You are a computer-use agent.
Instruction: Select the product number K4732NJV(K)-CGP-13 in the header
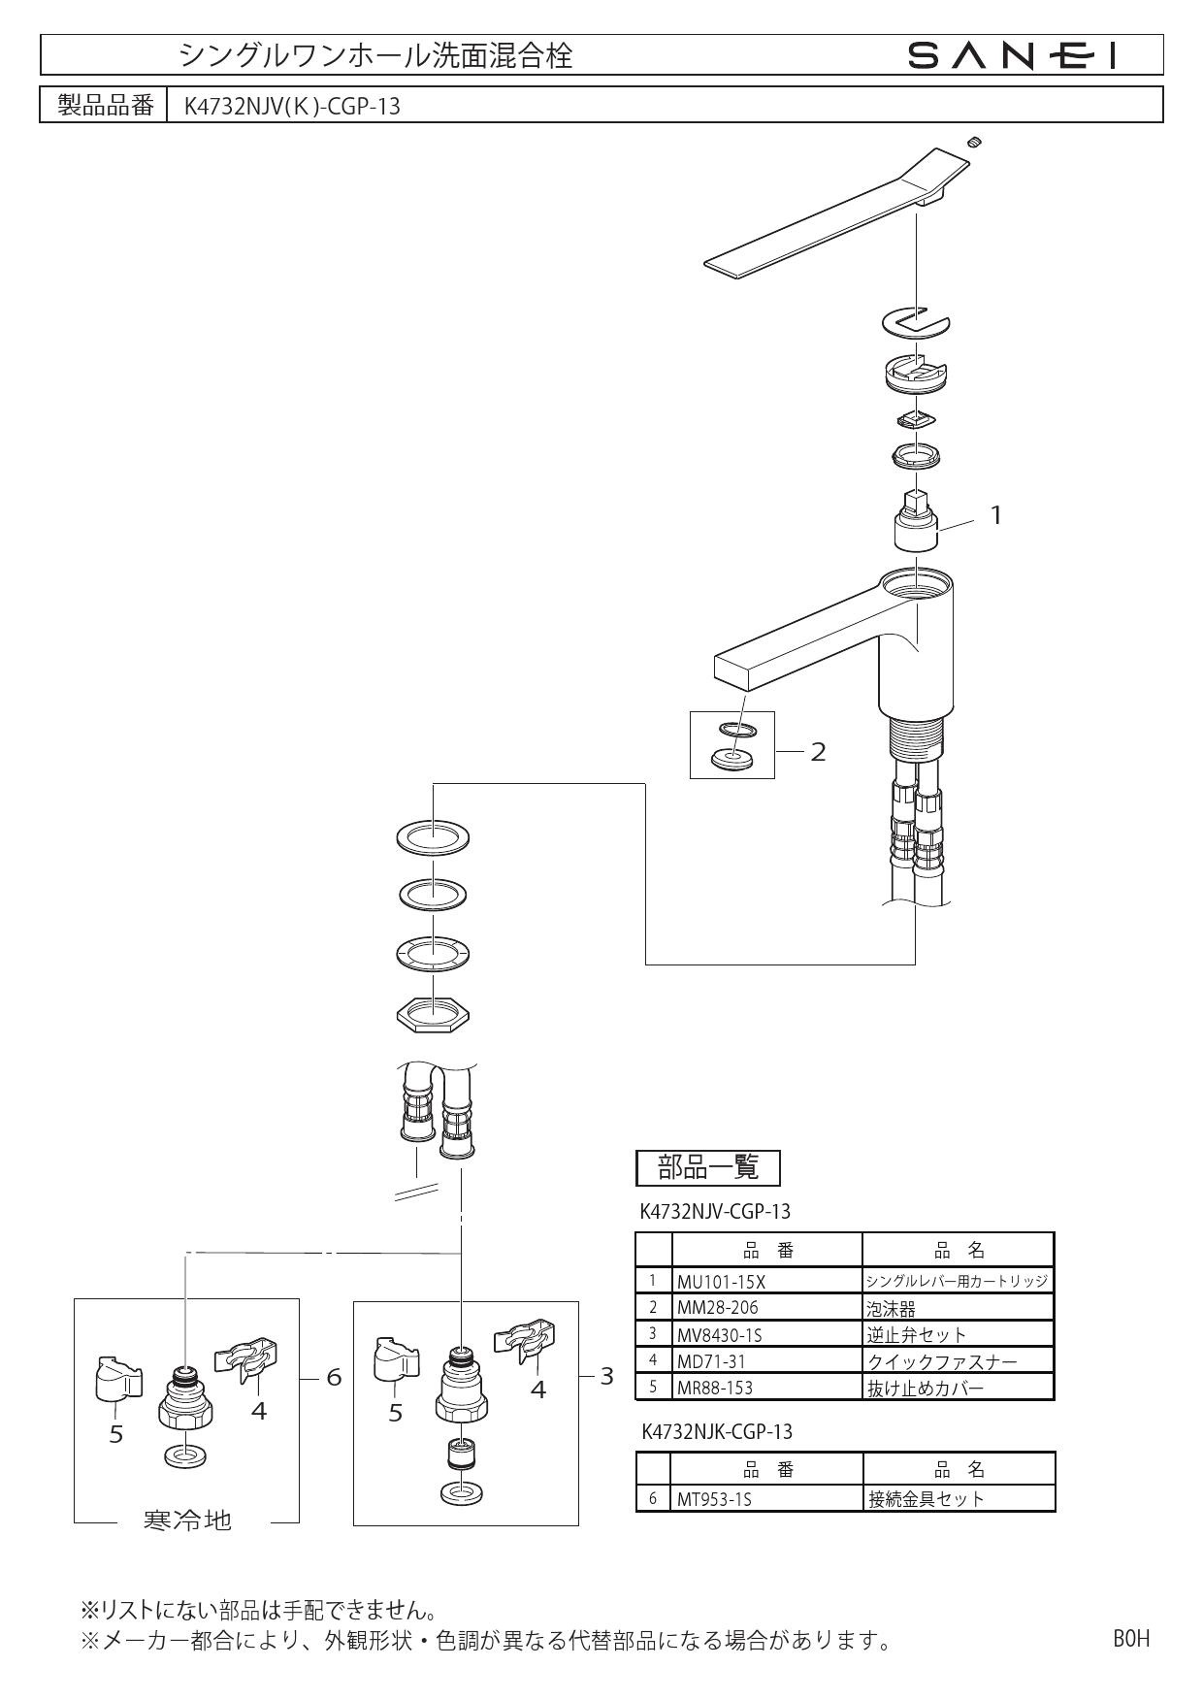[292, 107]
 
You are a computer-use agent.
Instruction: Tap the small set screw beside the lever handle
[975, 143]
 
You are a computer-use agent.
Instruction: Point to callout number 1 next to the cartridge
[994, 515]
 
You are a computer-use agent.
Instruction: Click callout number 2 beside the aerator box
[818, 752]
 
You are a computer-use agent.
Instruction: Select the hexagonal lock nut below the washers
[434, 1013]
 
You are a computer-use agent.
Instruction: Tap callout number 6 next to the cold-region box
[334, 1377]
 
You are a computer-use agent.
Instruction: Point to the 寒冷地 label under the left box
[187, 1520]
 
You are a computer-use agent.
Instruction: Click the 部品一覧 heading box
[708, 1167]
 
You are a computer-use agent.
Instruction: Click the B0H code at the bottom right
[1130, 1639]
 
